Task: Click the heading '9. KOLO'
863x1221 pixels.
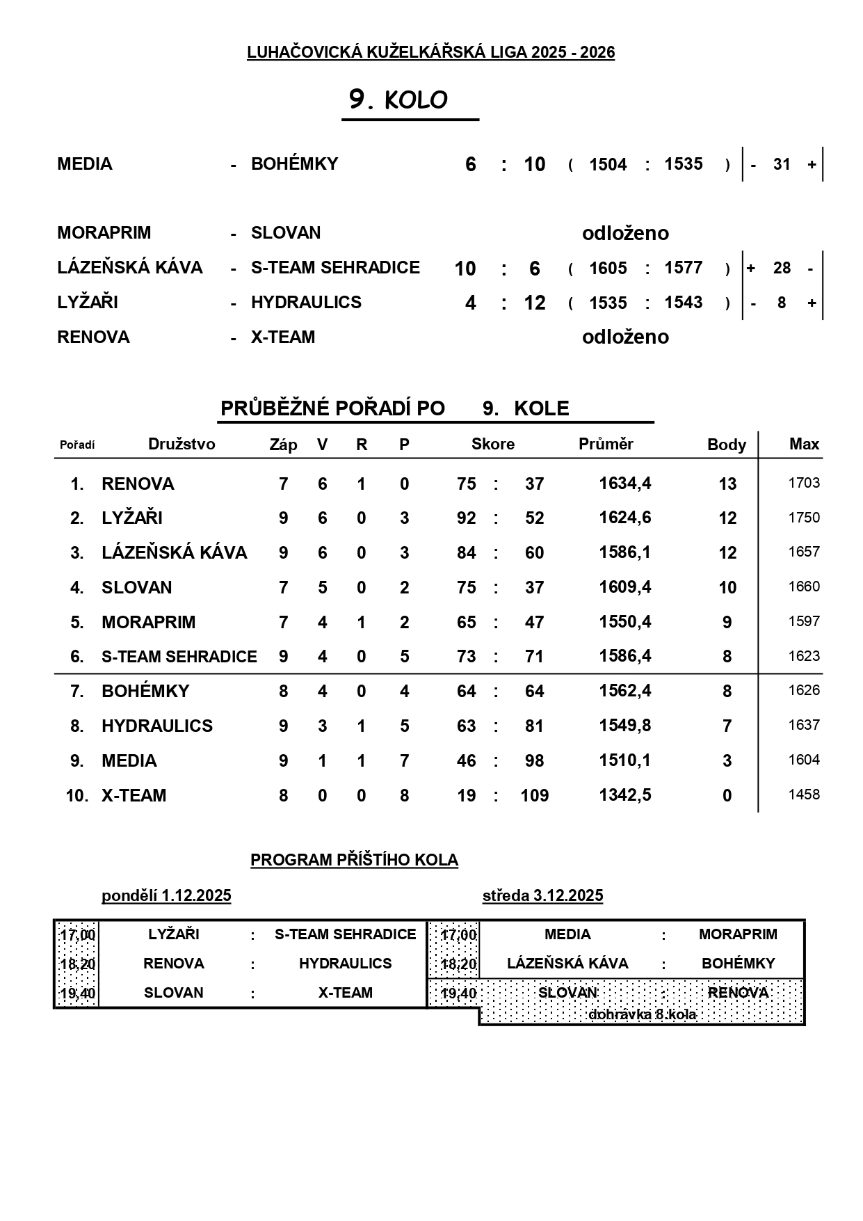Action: point(398,100)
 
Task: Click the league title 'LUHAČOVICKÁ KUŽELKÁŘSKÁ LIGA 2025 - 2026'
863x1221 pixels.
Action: point(430,52)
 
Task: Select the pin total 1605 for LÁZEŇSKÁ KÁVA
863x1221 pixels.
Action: point(608,269)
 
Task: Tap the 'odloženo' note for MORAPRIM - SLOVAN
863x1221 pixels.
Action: point(625,233)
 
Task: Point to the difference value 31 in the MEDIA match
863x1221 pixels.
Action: point(782,165)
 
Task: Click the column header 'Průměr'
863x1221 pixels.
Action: point(606,445)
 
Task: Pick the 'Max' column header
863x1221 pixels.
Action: point(804,445)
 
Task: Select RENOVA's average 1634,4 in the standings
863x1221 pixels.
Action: point(625,484)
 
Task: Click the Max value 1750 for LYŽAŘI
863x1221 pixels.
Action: point(804,518)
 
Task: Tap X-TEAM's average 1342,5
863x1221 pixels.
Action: point(625,795)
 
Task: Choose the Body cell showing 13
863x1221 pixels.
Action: point(727,484)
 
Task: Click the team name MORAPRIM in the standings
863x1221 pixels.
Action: point(148,622)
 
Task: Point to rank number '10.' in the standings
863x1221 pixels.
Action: point(77,796)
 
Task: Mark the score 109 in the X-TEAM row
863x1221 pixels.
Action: point(534,796)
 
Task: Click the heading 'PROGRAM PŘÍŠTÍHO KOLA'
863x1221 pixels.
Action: point(354,861)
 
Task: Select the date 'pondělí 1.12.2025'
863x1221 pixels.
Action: point(166,896)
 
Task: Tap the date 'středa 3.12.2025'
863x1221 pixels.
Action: point(542,896)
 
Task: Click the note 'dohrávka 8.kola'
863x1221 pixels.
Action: point(642,1014)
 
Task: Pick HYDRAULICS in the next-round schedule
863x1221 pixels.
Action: point(345,964)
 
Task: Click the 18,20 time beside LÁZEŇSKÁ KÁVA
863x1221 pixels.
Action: point(458,964)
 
